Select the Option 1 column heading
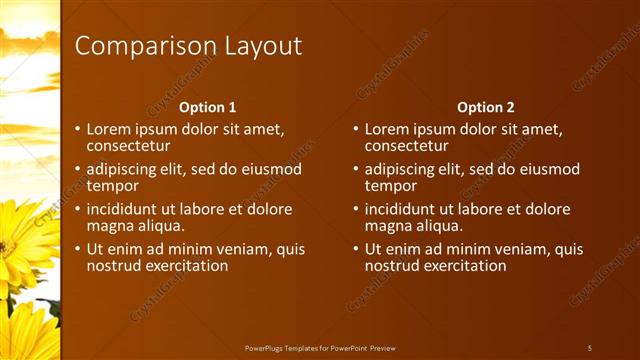click(x=207, y=107)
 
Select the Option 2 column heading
click(x=485, y=107)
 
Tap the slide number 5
click(x=590, y=347)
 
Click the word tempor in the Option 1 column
click(x=111, y=185)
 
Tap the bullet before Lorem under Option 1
click(x=78, y=129)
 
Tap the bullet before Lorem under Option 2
click(x=356, y=129)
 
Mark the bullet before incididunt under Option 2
click(x=356, y=210)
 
